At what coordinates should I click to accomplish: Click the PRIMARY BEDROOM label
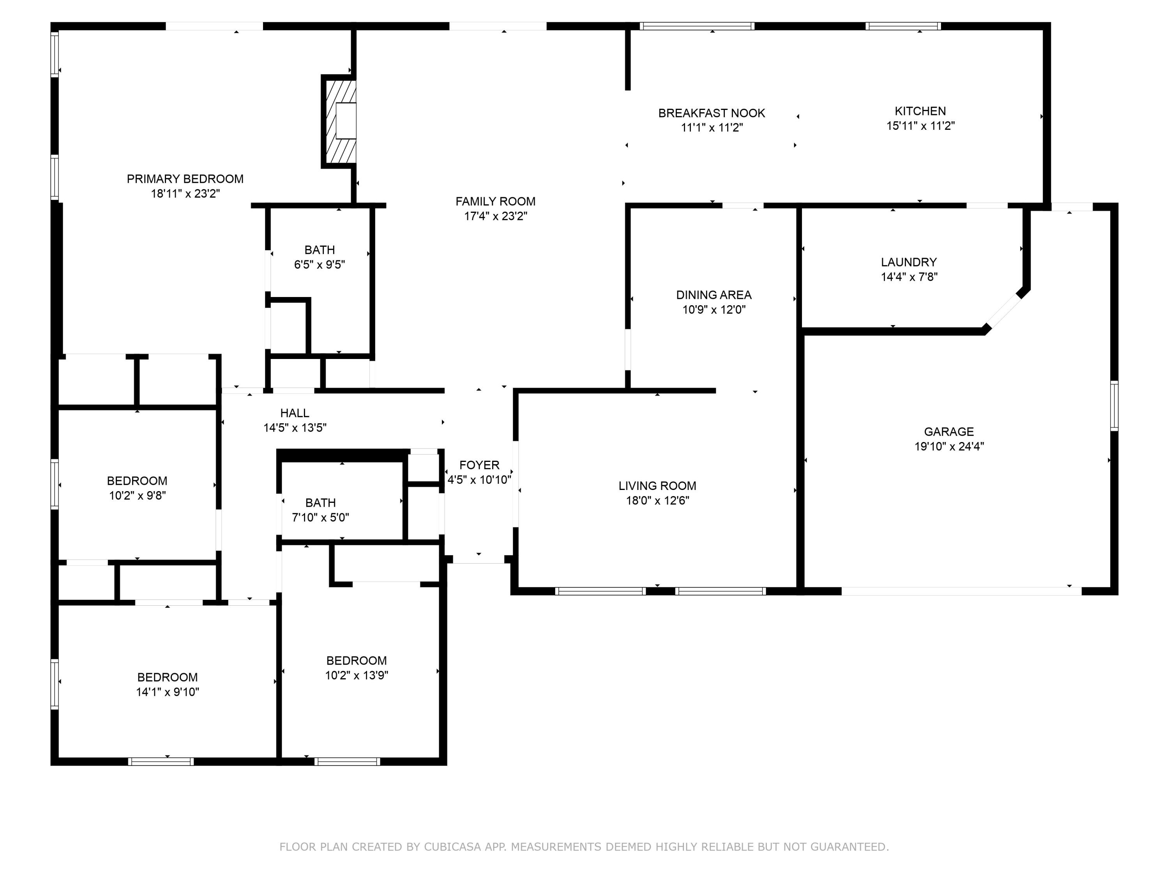click(185, 179)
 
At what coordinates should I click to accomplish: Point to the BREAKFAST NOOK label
click(711, 113)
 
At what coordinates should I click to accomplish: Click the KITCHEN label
click(920, 111)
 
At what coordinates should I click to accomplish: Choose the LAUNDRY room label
click(908, 262)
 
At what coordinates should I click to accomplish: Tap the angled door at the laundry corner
click(1003, 311)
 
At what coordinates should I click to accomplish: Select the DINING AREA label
click(713, 295)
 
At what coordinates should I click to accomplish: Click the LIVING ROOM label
click(657, 486)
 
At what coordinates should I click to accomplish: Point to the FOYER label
click(479, 465)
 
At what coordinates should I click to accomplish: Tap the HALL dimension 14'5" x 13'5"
click(295, 428)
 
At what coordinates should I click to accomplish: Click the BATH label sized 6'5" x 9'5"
click(319, 250)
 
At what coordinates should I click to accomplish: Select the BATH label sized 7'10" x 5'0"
click(320, 503)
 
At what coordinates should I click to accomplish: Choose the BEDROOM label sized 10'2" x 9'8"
click(137, 481)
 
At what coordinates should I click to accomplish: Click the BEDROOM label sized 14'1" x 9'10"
click(168, 677)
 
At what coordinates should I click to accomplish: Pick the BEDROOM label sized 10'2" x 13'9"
click(356, 661)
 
